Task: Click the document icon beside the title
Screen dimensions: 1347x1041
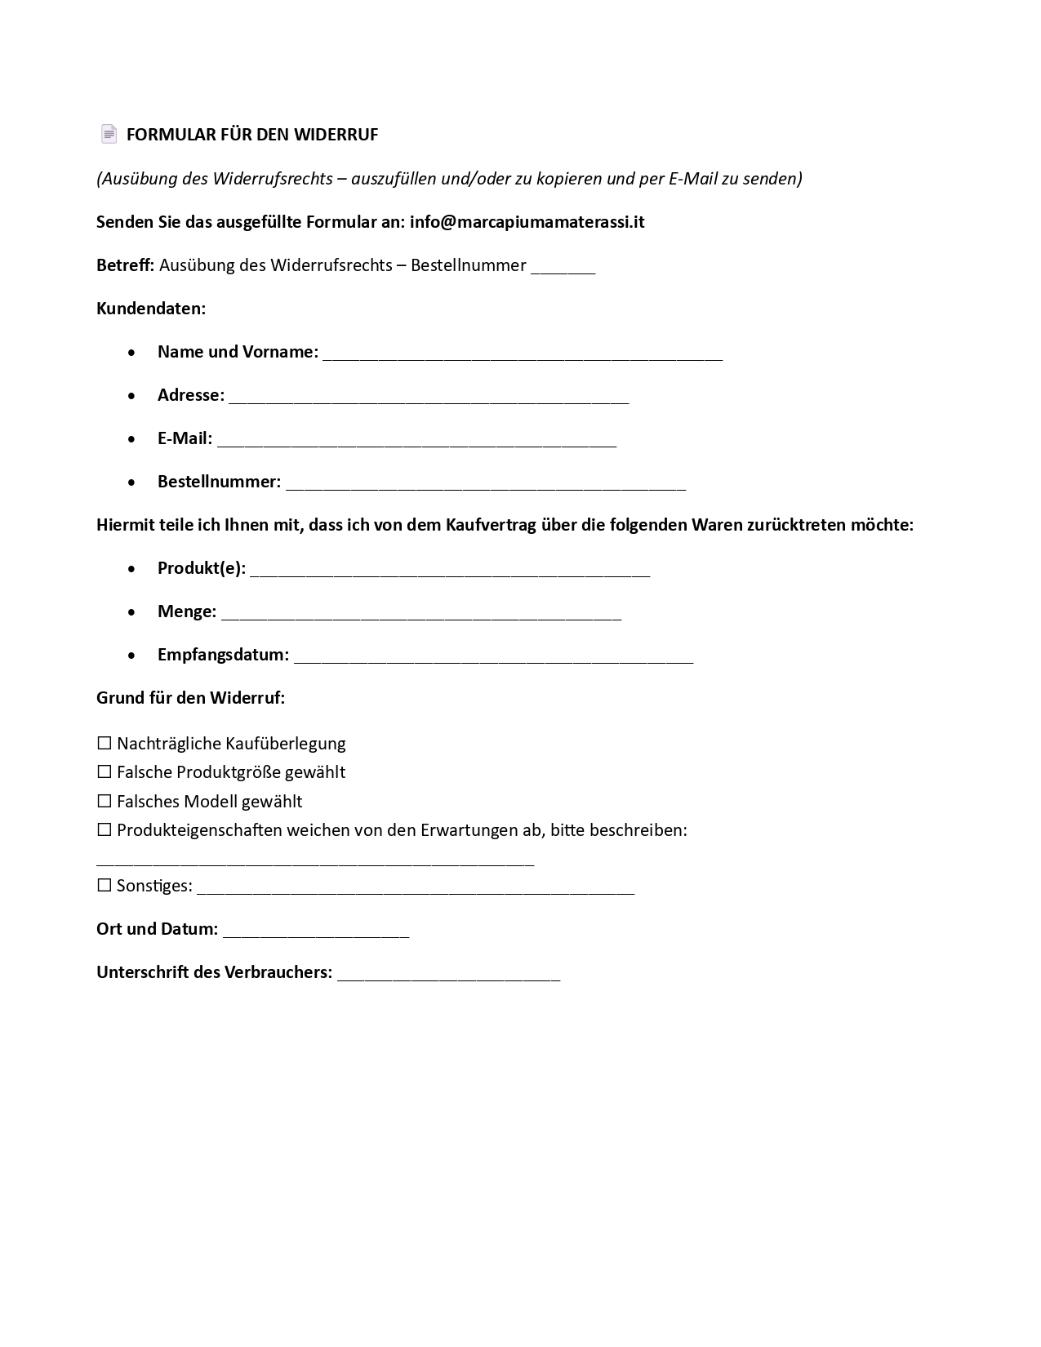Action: point(109,134)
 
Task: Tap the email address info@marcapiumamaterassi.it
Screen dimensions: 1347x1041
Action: point(527,222)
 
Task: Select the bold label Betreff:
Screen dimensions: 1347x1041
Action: point(125,265)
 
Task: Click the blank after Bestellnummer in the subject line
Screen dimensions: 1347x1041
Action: point(563,269)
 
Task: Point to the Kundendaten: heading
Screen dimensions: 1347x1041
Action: point(151,309)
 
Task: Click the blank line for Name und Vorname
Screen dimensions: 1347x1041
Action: point(523,355)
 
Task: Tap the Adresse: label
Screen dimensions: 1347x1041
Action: point(190,395)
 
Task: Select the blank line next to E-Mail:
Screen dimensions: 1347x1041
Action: point(416,442)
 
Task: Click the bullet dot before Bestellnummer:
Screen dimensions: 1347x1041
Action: point(132,482)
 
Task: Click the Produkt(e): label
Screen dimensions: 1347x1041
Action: point(201,568)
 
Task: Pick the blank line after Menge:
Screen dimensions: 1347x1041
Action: point(421,615)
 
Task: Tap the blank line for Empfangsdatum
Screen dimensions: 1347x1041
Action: point(493,658)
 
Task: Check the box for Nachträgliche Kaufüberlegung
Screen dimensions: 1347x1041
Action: point(105,744)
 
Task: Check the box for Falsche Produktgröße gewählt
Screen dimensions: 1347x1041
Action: point(105,772)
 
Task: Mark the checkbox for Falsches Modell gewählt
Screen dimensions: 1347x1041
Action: point(105,802)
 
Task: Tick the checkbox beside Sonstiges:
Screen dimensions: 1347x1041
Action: point(105,886)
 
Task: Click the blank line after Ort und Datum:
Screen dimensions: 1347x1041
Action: point(316,932)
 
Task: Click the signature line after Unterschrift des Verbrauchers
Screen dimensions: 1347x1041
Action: point(448,976)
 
